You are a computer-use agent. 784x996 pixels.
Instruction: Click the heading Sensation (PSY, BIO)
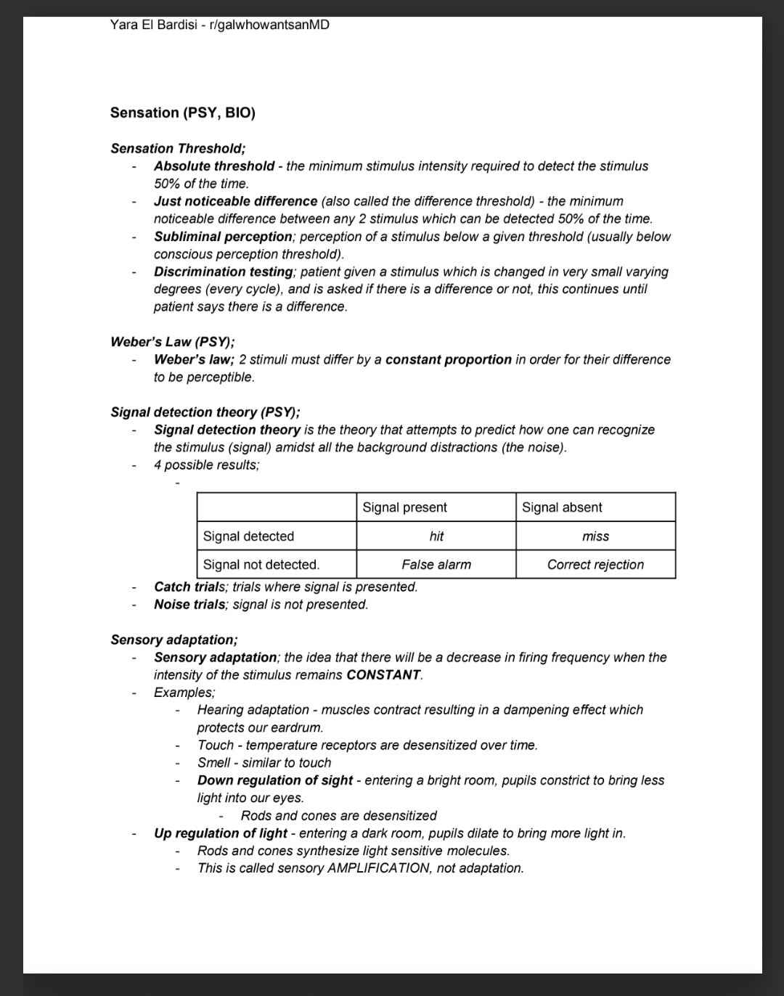pos(183,113)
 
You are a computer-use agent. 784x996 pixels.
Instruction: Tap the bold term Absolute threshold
pos(214,166)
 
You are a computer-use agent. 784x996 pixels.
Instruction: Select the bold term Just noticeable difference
pos(235,201)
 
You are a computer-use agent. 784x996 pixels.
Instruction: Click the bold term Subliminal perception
pos(223,237)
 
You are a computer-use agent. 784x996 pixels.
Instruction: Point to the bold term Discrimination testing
pos(223,272)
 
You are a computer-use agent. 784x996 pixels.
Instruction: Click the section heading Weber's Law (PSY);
pos(172,342)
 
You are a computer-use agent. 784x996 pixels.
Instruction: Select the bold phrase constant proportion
pos(448,359)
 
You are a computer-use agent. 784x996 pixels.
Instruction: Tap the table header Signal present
pos(404,507)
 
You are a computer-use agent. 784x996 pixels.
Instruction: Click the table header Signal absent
pos(562,507)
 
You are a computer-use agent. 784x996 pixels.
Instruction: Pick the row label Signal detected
pos(248,536)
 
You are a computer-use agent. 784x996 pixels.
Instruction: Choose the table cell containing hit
pos(436,536)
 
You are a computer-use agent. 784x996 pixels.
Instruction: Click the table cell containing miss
pos(595,536)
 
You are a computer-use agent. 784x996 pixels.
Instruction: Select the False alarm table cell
pos(436,565)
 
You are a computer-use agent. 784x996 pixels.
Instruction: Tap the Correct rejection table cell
pos(595,565)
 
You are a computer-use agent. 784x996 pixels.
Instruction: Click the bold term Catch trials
pos(191,587)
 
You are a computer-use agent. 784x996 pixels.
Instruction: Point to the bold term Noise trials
pos(189,604)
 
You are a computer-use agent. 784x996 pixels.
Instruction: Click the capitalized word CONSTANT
pos(383,675)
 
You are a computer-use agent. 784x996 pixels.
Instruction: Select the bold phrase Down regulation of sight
pos(274,780)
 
